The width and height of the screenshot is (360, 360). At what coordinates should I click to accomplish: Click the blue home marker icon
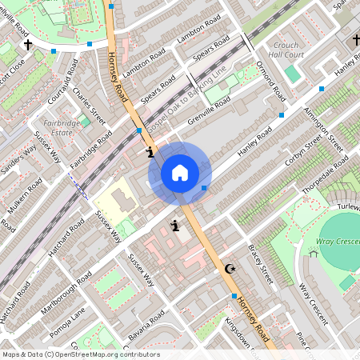[x=180, y=173]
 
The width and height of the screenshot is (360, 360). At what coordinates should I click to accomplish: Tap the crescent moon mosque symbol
[x=231, y=269]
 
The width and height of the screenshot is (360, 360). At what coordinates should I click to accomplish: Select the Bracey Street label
[x=261, y=265]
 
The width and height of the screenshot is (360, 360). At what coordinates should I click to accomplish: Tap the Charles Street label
[x=89, y=106]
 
